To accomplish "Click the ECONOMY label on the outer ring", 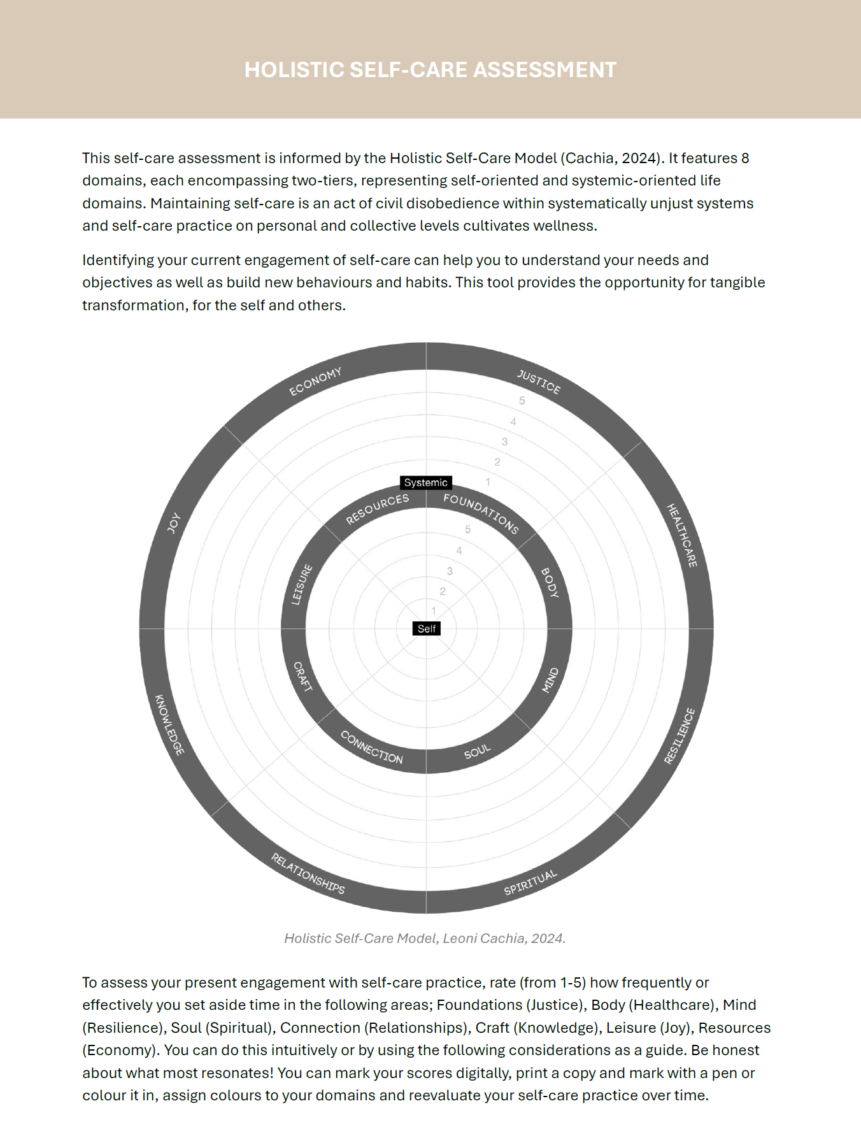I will (x=315, y=381).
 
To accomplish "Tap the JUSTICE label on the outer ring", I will (x=539, y=382).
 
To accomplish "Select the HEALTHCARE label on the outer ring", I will (x=682, y=535).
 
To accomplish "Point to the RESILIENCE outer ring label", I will (x=680, y=735).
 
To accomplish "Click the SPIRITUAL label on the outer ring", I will (x=530, y=882).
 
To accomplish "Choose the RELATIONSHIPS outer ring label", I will (x=308, y=873).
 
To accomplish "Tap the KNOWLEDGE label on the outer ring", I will (x=169, y=724).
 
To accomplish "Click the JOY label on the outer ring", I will (x=173, y=522).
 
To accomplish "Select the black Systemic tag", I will (x=426, y=482).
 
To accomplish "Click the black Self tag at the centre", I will (x=427, y=629).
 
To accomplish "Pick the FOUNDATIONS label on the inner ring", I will (x=481, y=513).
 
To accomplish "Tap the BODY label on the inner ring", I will (x=550, y=582).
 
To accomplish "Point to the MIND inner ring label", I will (x=550, y=680).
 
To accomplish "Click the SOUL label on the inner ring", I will (x=478, y=751).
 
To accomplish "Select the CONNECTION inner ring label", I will (x=372, y=747).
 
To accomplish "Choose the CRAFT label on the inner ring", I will (x=302, y=677).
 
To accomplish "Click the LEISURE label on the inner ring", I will (x=302, y=584).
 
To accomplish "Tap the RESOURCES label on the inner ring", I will (x=377, y=509).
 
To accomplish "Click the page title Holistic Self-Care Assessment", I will (x=430, y=69).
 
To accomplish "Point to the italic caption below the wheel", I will (x=425, y=938).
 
